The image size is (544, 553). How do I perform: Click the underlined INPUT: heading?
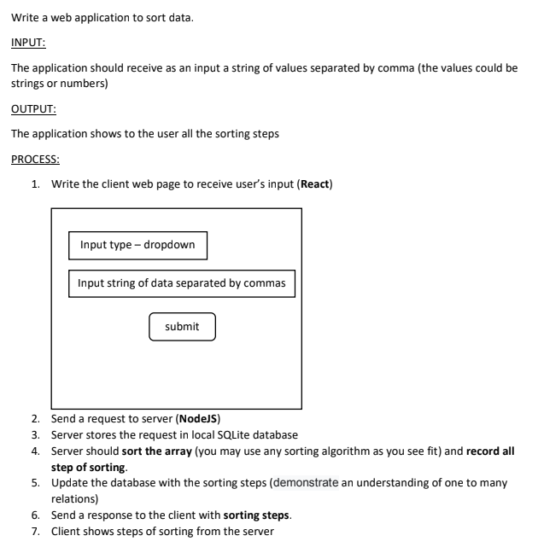(28, 42)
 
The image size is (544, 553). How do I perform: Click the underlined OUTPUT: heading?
(33, 108)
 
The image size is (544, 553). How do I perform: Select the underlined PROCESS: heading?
(35, 159)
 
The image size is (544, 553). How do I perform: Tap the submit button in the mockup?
(182, 326)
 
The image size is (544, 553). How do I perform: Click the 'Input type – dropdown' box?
(137, 245)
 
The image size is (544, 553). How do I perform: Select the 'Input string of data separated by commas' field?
(181, 283)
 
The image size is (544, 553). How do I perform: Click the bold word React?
(313, 183)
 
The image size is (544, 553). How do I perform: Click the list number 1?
(34, 183)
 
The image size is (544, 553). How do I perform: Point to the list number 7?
(34, 532)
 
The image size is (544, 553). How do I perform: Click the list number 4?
(34, 451)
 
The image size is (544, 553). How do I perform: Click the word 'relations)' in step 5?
(74, 498)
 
